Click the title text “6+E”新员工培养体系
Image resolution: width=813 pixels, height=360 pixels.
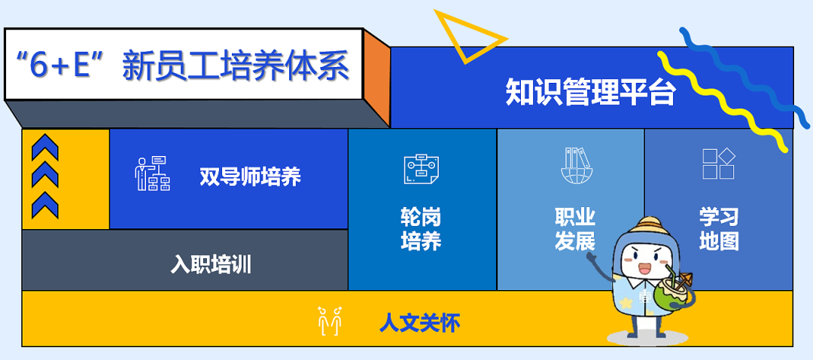[x=184, y=66]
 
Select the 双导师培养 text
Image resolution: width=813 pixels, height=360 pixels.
[x=250, y=177]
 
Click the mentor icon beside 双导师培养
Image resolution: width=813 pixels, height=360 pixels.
[x=152, y=173]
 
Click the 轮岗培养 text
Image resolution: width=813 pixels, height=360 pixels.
[x=421, y=229]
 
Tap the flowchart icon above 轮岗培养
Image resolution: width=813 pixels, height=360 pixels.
[x=421, y=168]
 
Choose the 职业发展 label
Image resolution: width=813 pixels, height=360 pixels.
[x=575, y=229]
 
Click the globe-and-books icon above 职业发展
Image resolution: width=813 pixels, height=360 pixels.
[x=577, y=166]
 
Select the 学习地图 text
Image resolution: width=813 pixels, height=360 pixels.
[x=719, y=229]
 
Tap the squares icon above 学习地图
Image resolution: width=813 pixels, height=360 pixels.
[x=718, y=163]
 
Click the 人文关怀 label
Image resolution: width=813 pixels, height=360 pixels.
[x=419, y=323]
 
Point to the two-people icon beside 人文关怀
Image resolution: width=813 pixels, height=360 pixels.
[x=330, y=320]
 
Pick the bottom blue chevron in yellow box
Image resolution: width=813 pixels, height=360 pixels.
[x=45, y=204]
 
